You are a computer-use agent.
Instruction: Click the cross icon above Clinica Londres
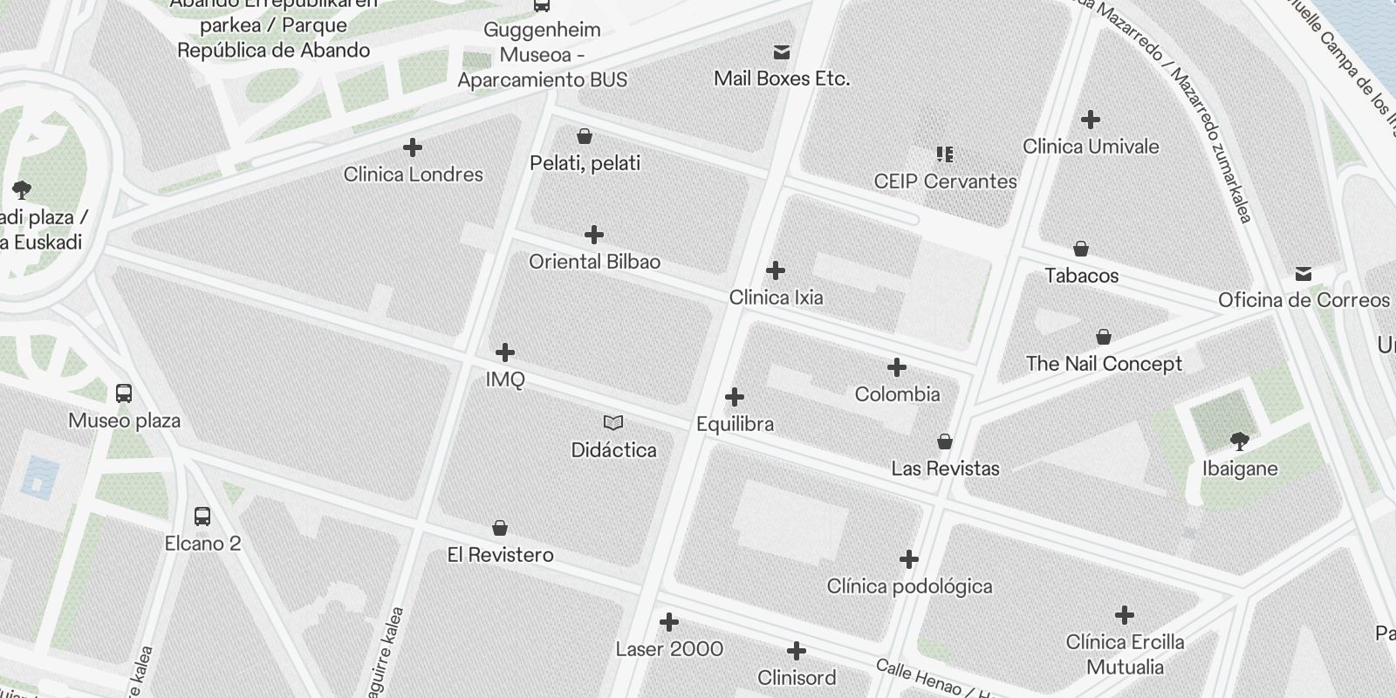[x=413, y=148]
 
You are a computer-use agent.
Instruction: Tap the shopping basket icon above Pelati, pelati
[x=585, y=136]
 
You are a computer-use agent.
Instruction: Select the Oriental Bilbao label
[x=594, y=262]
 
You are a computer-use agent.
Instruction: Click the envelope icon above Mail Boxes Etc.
[x=782, y=52]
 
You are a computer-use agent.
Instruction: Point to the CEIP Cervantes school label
[x=945, y=181]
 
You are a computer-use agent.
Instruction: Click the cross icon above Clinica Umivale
[x=1090, y=120]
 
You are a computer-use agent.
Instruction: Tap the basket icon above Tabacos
[x=1081, y=249]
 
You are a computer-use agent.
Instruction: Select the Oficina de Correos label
[x=1304, y=300]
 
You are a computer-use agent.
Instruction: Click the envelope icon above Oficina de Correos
[x=1304, y=274]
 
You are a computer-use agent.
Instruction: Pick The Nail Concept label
[x=1104, y=364]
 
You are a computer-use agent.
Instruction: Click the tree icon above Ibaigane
[x=1239, y=441]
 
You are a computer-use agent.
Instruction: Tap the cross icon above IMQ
[x=504, y=352]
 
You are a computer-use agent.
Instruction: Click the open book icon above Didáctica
[x=613, y=423]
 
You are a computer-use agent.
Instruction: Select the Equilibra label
[x=735, y=424]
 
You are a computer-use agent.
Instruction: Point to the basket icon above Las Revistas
[x=945, y=441]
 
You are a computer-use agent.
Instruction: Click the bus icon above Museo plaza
[x=124, y=393]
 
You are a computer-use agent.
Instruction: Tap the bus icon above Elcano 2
[x=202, y=517]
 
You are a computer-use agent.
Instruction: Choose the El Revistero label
[x=500, y=555]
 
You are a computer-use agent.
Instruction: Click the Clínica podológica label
[x=909, y=586]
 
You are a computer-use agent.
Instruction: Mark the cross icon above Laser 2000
[x=669, y=622]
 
